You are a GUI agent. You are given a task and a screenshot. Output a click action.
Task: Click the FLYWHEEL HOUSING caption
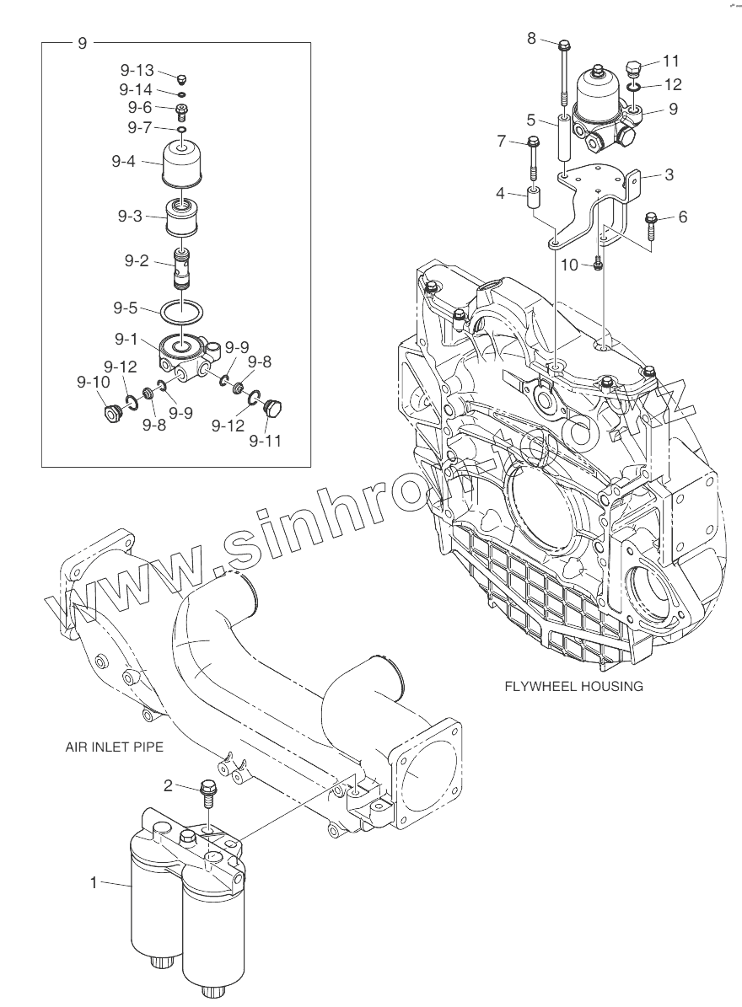pyautogui.click(x=573, y=686)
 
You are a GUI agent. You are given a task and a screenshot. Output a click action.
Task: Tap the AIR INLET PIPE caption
pyautogui.click(x=114, y=747)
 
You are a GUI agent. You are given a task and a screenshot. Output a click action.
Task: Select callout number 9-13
pyautogui.click(x=136, y=71)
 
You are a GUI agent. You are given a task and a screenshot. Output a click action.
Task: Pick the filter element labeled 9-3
pyautogui.click(x=182, y=220)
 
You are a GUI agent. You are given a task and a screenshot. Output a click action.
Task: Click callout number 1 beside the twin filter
pyautogui.click(x=94, y=882)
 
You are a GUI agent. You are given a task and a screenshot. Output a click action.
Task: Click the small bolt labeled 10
pyautogui.click(x=598, y=265)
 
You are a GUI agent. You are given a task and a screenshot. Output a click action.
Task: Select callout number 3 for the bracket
pyautogui.click(x=669, y=175)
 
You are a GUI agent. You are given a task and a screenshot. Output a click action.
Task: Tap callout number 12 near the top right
pyautogui.click(x=672, y=84)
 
